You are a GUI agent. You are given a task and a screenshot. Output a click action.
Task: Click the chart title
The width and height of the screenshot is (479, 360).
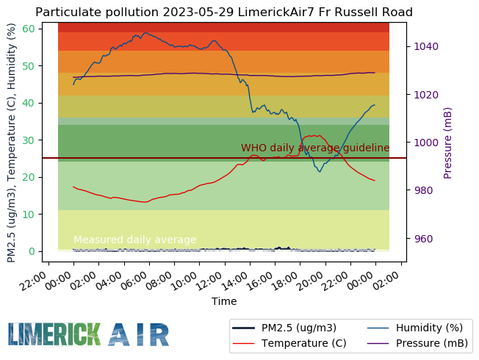click(x=224, y=12)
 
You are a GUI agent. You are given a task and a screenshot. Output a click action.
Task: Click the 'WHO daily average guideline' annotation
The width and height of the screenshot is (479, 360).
click(x=315, y=148)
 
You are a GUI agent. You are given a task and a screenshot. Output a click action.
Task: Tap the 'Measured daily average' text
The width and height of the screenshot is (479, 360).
click(x=135, y=240)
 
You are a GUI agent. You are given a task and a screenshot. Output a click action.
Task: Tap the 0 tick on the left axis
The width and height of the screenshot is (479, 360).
click(x=32, y=251)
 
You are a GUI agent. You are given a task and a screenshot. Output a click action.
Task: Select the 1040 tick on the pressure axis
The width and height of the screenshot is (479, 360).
click(x=425, y=46)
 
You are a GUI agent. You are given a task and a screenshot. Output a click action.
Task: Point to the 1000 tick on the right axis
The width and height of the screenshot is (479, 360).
click(x=425, y=143)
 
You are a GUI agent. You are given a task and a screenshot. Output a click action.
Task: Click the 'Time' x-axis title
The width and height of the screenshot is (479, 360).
click(x=224, y=301)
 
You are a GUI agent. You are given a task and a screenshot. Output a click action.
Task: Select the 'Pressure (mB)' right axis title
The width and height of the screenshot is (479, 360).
click(x=448, y=143)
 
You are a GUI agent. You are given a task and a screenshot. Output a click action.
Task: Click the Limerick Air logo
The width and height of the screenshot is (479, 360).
click(x=89, y=334)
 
